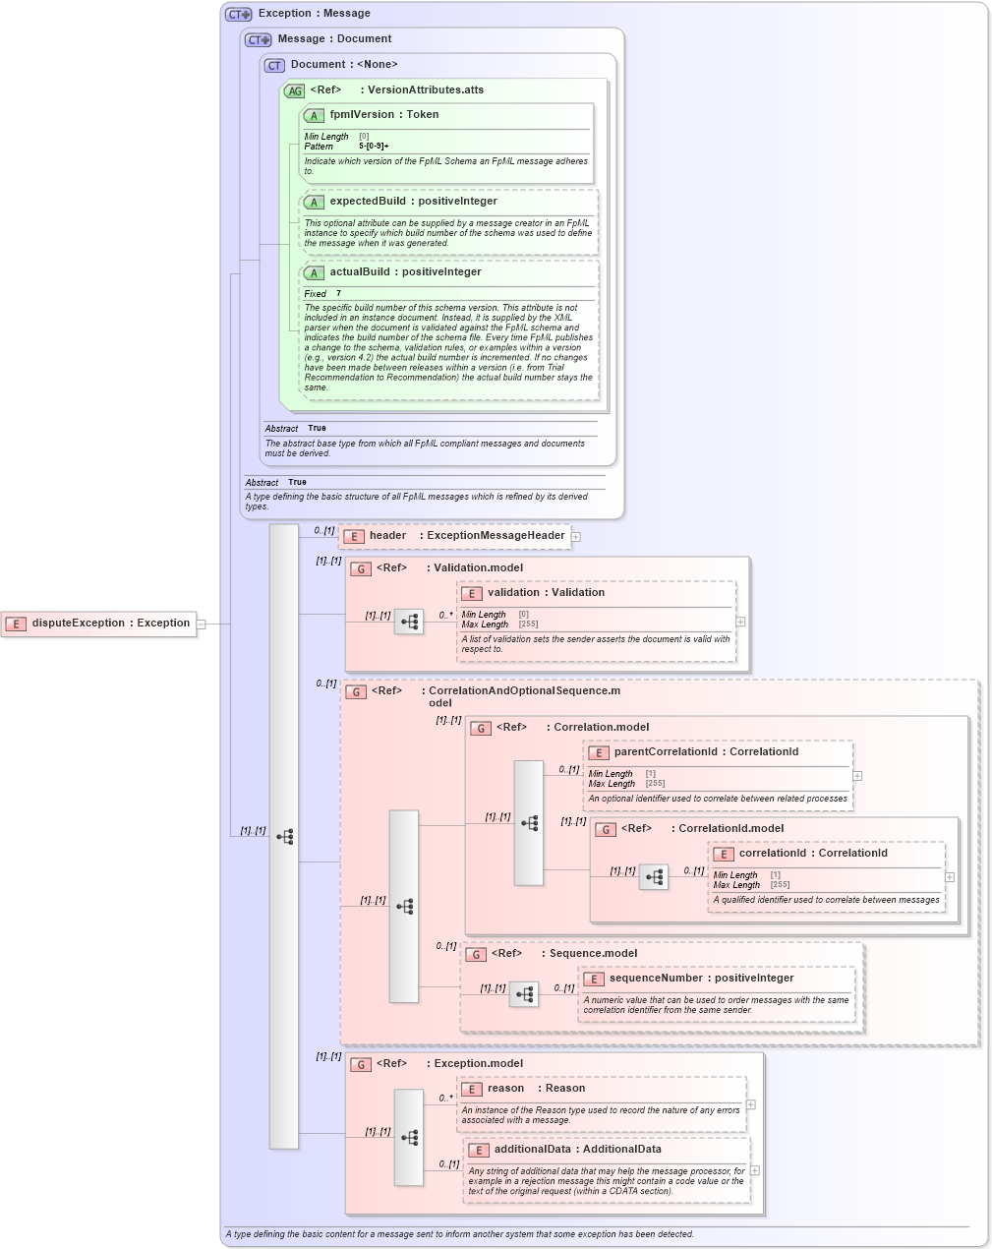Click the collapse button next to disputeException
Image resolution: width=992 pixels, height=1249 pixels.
click(201, 624)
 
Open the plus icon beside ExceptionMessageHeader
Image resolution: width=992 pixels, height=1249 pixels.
click(576, 537)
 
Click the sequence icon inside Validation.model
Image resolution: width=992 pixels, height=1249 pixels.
click(409, 622)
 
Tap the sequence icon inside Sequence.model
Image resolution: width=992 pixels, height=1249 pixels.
click(524, 994)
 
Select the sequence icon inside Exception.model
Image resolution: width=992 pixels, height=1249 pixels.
click(409, 1137)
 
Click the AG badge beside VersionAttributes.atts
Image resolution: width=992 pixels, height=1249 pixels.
click(294, 90)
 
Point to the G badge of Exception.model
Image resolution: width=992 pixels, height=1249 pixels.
click(361, 1064)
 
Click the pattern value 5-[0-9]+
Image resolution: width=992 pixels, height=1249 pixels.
click(374, 147)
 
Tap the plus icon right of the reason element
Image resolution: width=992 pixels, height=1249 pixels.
click(751, 1104)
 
